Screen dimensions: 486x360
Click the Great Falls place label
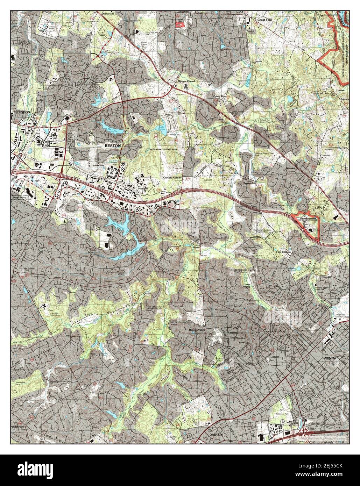[267, 20]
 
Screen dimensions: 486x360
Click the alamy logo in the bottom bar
[38, 470]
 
